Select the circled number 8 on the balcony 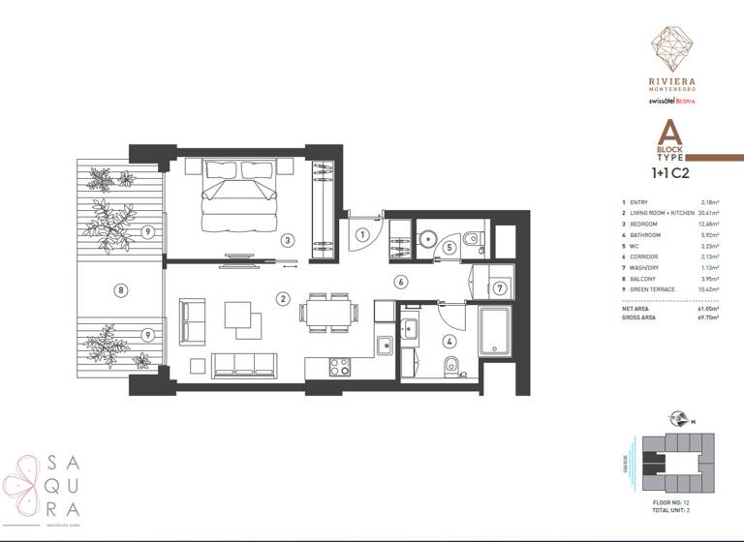pyautogui.click(x=120, y=288)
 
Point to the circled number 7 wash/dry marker pyautogui.click(x=498, y=287)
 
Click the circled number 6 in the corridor pyautogui.click(x=399, y=282)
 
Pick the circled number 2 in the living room pyautogui.click(x=283, y=298)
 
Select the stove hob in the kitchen pyautogui.click(x=341, y=367)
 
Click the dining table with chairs pyautogui.click(x=325, y=313)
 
